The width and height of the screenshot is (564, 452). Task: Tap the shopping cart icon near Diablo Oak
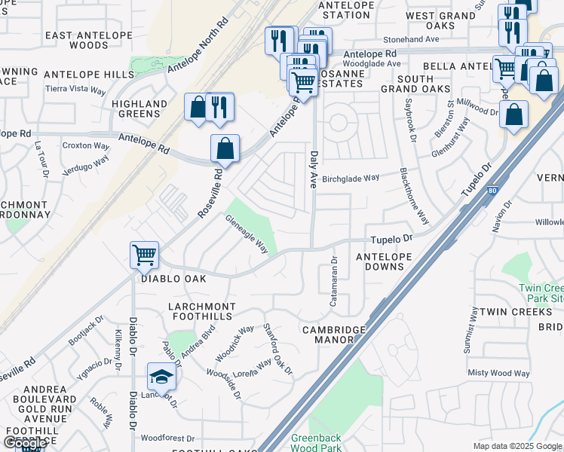click(143, 254)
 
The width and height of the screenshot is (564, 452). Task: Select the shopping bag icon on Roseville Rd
click(225, 148)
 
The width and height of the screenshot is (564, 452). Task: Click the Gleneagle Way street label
click(247, 234)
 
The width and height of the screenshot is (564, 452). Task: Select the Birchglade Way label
click(351, 179)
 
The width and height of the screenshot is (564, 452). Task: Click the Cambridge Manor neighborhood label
click(333, 334)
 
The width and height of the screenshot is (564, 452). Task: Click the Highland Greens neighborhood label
click(139, 108)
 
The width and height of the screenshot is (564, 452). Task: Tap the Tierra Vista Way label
click(75, 89)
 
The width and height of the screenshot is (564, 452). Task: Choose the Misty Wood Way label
click(498, 373)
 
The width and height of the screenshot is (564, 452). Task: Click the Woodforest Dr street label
click(167, 438)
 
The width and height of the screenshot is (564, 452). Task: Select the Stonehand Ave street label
click(411, 38)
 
